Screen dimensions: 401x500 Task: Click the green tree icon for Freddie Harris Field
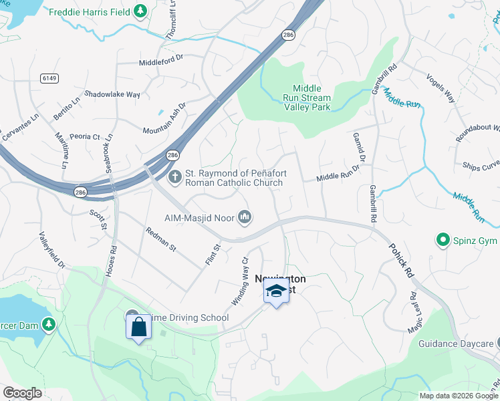(x=140, y=11)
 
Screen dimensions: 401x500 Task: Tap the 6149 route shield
(x=49, y=78)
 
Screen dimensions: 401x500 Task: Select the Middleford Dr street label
(x=160, y=63)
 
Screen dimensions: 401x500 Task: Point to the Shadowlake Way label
(x=112, y=94)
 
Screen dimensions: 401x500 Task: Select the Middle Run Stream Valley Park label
(x=307, y=98)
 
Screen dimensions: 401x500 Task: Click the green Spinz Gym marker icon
(x=442, y=239)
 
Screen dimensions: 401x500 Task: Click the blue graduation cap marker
(x=276, y=291)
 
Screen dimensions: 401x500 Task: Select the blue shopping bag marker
(x=138, y=327)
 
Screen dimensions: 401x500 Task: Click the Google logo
(x=22, y=393)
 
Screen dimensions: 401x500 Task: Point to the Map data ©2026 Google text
(x=458, y=395)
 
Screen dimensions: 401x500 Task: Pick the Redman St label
(x=160, y=239)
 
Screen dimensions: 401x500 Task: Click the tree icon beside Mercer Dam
(x=48, y=325)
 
